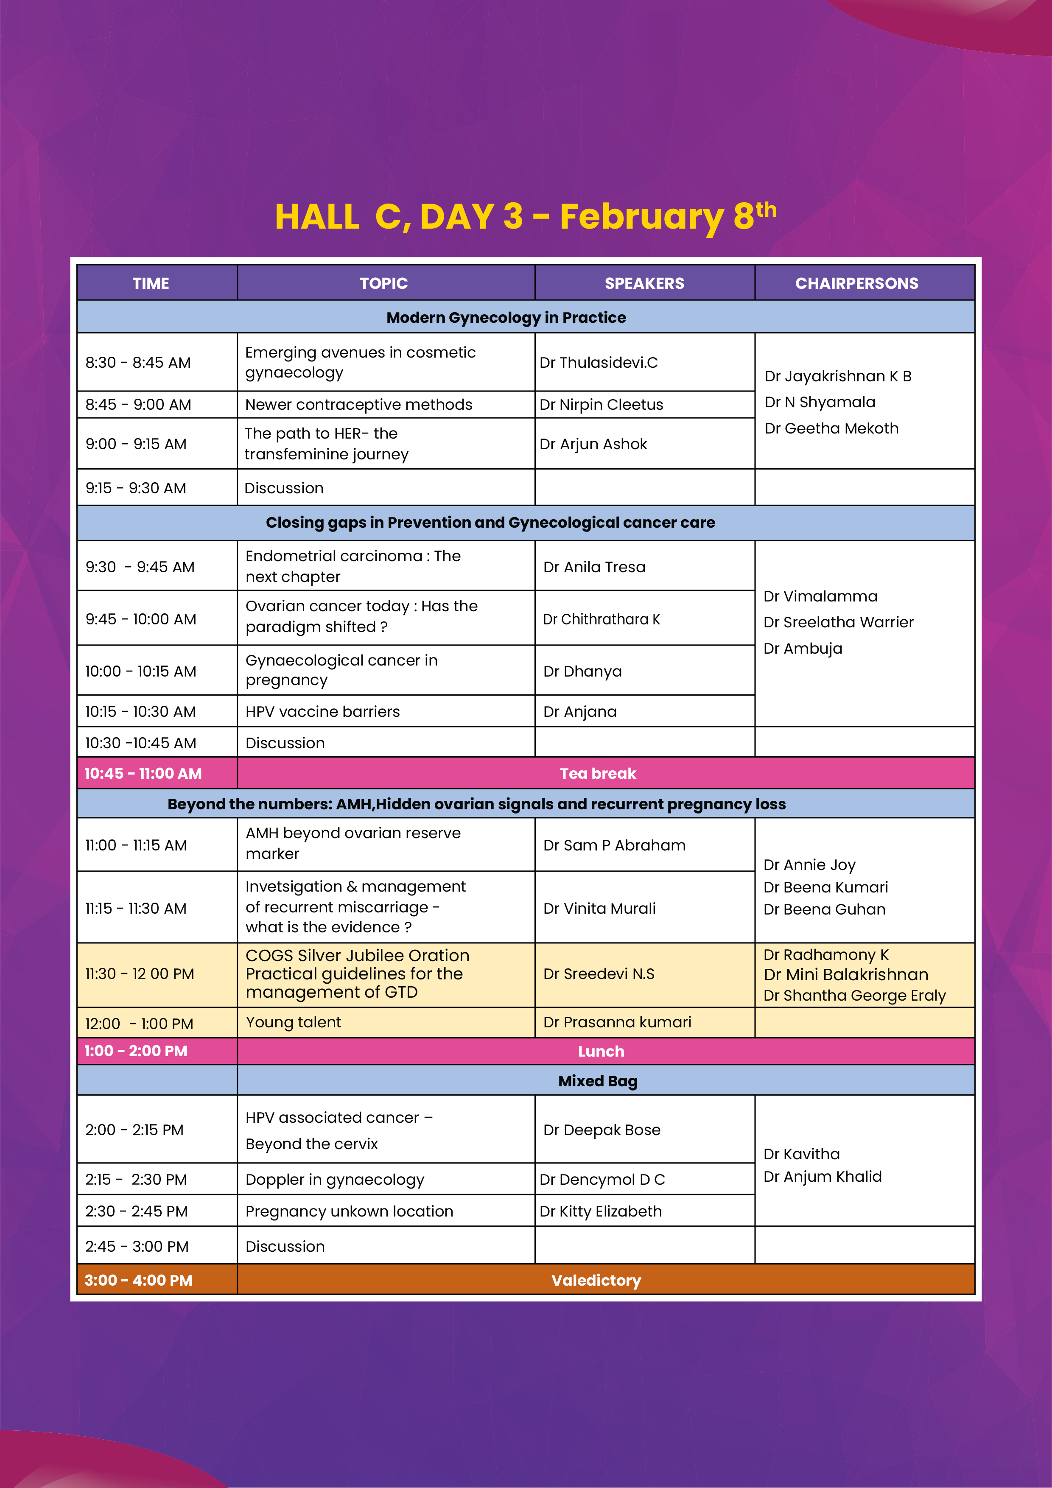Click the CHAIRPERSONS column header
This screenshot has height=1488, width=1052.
click(x=856, y=283)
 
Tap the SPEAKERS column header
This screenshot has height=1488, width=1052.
click(x=644, y=283)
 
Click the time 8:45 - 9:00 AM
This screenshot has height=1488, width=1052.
click(x=138, y=404)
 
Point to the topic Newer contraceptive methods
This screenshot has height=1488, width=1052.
click(x=358, y=404)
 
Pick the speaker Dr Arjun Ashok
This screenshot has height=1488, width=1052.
click(x=593, y=444)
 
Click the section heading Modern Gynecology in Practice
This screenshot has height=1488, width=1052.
click(x=506, y=318)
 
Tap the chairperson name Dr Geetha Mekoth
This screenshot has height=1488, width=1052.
click(x=831, y=428)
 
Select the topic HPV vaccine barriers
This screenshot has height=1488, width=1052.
click(x=322, y=712)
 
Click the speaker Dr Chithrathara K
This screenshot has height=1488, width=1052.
click(x=601, y=620)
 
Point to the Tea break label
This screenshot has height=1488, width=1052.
click(x=598, y=773)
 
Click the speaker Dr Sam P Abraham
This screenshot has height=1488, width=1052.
click(x=614, y=845)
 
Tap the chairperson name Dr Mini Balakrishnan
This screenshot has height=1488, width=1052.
click(x=845, y=975)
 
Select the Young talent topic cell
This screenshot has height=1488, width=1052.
click(x=293, y=1022)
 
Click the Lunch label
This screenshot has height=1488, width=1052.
click(x=601, y=1051)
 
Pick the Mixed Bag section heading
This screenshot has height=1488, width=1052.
click(x=598, y=1081)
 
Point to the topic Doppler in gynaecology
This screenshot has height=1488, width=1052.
click(x=334, y=1180)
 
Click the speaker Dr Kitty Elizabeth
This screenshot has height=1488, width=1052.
click(x=600, y=1211)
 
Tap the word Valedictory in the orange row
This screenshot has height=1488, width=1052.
click(x=596, y=1280)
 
